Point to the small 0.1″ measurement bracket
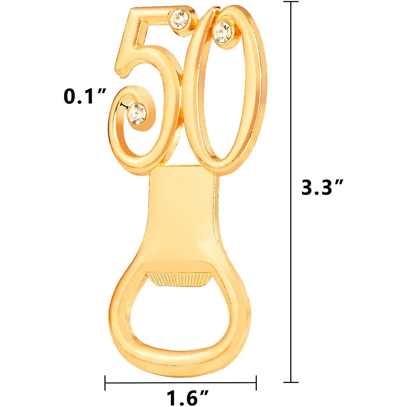click(x=124, y=106)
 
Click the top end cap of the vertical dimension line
click(x=291, y=2)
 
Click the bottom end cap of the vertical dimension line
click(x=291, y=372)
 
